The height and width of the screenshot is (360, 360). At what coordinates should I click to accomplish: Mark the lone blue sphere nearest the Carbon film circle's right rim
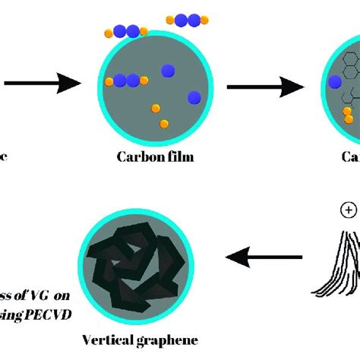[194, 96]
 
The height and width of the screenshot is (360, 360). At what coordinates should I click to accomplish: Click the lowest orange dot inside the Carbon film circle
[165, 123]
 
